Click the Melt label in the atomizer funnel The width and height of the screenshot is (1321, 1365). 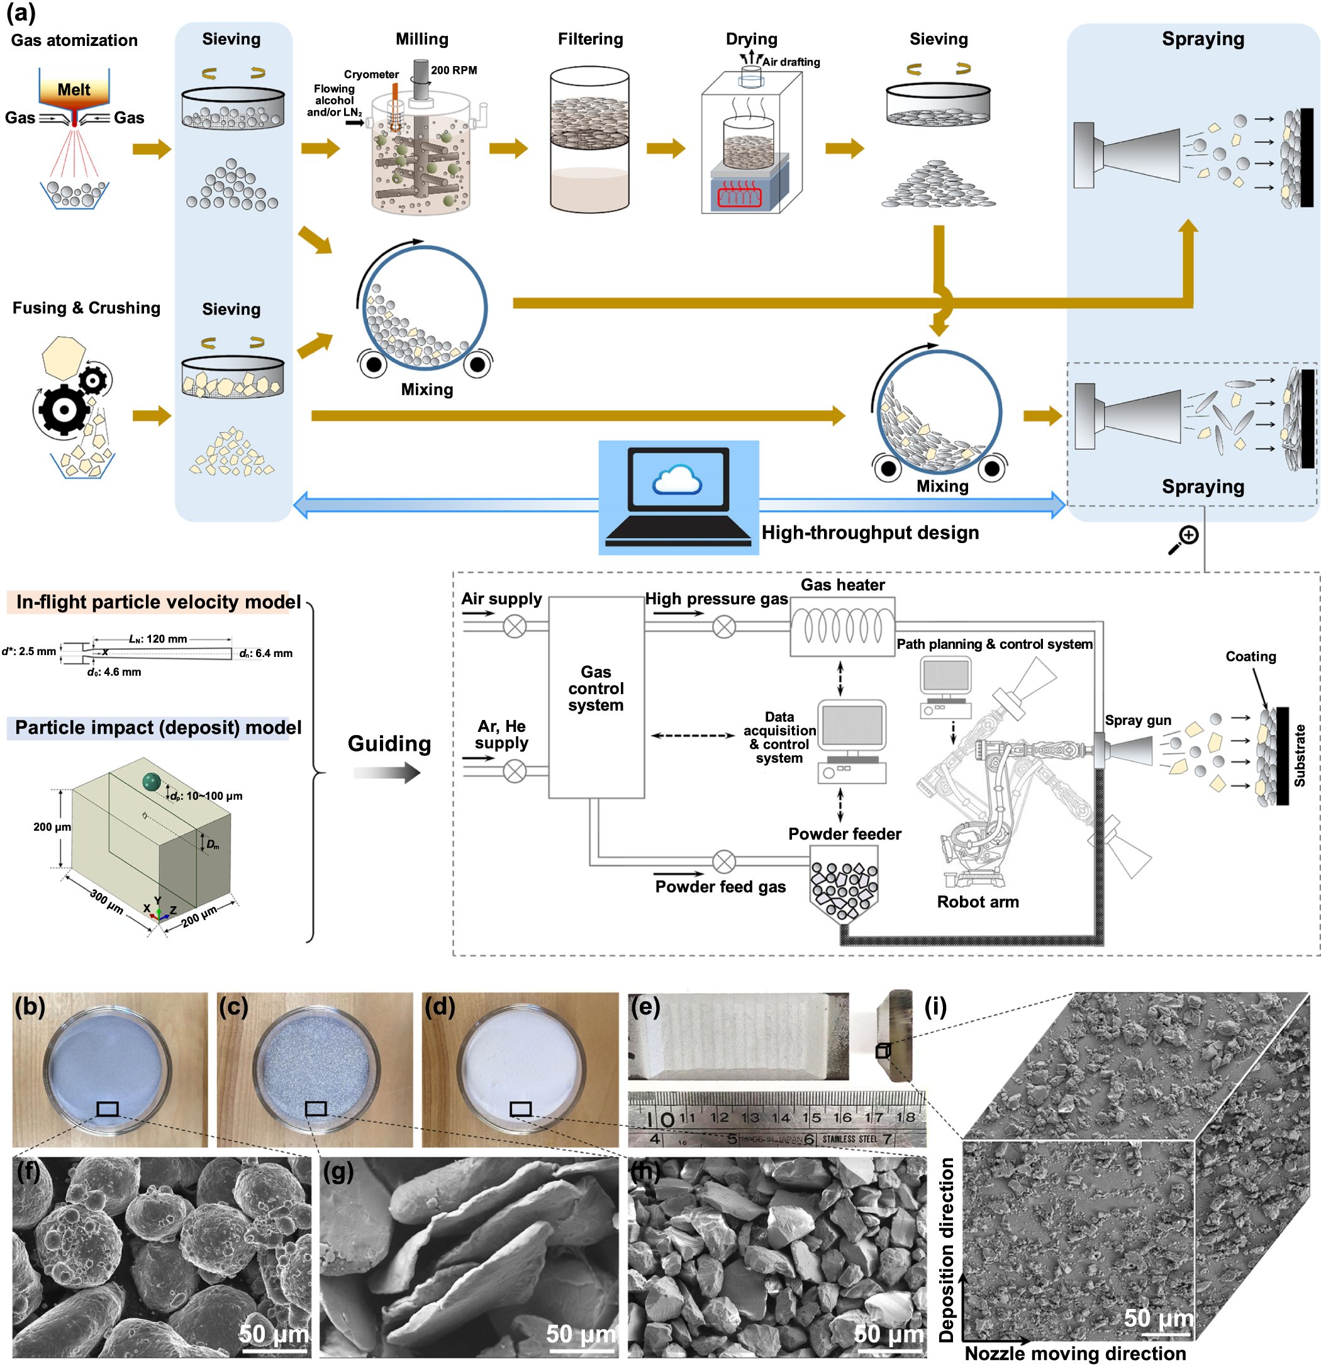click(x=74, y=90)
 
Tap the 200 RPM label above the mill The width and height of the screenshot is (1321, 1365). click(x=454, y=70)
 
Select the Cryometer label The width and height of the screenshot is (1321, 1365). click(x=371, y=74)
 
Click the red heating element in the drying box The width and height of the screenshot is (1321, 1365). click(x=739, y=194)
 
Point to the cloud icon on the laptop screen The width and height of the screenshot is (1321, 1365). click(x=676, y=480)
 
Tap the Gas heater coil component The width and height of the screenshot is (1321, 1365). click(x=842, y=626)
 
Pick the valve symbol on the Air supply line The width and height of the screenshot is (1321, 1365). click(x=515, y=627)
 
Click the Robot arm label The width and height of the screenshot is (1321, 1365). click(x=977, y=902)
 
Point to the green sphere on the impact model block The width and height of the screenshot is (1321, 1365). click(x=151, y=782)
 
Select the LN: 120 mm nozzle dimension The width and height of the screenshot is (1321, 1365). click(x=158, y=639)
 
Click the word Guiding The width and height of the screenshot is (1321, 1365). click(x=389, y=744)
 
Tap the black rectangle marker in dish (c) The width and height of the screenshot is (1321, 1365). click(x=316, y=1108)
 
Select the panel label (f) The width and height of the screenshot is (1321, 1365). click(x=28, y=1171)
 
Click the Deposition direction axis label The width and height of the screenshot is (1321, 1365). click(x=947, y=1249)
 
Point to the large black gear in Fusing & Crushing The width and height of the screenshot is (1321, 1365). click(x=64, y=410)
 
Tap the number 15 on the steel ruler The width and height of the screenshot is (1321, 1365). click(x=811, y=1117)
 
